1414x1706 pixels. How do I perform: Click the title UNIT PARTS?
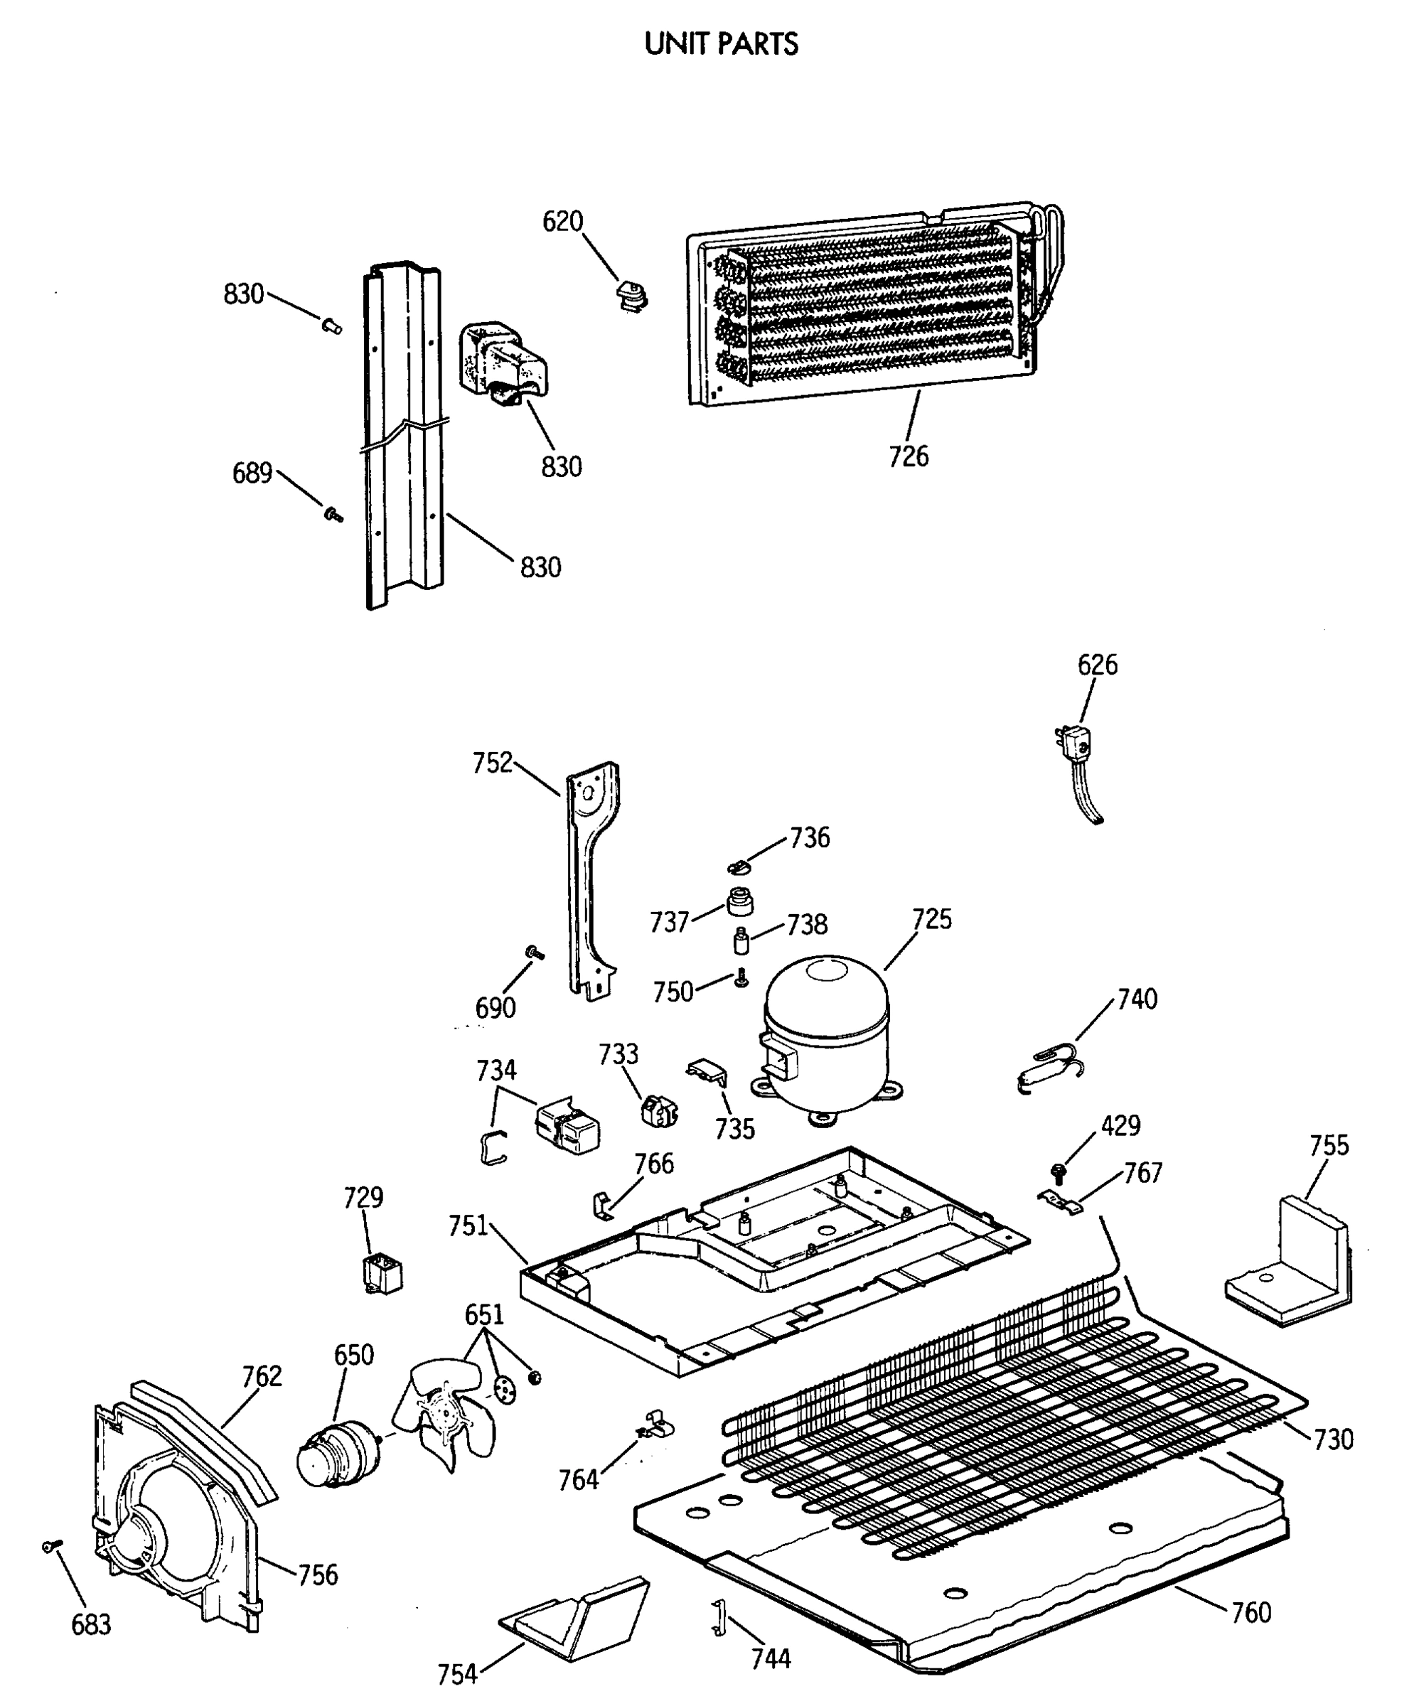[721, 44]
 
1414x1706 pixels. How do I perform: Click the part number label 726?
[908, 456]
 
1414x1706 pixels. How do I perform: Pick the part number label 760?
[1250, 1611]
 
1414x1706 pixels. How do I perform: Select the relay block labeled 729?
[381, 1274]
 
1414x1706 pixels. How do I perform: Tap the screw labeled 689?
[333, 513]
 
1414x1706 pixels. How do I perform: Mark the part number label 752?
[493, 763]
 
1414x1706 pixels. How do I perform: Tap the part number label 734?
[496, 1070]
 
